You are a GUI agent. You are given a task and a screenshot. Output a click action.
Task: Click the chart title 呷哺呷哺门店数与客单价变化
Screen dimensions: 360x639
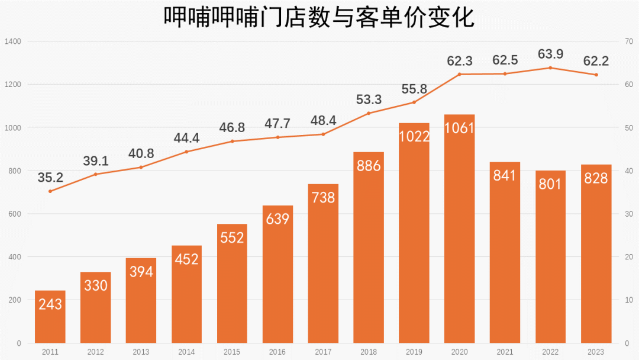319,18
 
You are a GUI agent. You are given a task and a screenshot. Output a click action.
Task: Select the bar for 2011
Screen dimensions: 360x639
50,317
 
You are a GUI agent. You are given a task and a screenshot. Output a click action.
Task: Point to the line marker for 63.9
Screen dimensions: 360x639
550,67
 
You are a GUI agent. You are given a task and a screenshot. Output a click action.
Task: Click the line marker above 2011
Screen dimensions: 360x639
50,191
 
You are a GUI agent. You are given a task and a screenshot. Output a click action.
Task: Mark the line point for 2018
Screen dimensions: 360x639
369,113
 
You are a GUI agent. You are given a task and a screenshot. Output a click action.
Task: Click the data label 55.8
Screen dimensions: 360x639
414,89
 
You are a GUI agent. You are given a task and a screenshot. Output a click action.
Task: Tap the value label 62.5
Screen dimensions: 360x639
505,60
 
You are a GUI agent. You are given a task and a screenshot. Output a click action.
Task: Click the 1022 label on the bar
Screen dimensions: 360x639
414,136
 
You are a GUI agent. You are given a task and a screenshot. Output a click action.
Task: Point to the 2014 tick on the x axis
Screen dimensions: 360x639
186,352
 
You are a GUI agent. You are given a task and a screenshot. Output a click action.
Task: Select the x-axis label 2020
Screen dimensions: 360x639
460,352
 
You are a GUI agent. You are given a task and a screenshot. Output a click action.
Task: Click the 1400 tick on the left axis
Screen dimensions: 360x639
12,41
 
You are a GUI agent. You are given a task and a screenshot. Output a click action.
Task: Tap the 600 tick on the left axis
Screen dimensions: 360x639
14,214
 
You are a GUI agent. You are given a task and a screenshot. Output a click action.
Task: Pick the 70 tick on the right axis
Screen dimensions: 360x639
629,41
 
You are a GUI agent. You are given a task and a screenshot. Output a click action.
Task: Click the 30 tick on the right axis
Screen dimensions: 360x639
629,214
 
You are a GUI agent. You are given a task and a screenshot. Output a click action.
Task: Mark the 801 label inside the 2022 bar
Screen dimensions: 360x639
550,183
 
